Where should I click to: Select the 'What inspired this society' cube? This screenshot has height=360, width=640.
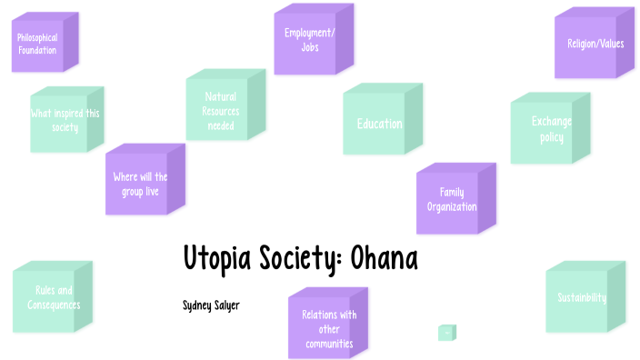65,120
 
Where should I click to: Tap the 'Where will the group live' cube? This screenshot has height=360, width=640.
139,184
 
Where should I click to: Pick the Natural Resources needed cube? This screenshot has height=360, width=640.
221,110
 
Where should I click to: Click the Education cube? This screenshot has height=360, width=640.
379,124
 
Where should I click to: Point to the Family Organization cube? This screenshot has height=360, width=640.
452,199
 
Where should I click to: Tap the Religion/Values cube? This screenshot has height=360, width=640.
588,44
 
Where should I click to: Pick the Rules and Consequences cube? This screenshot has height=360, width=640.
50,298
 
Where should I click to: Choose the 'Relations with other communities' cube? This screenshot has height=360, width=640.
324,326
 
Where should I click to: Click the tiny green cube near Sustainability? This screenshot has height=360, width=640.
446,333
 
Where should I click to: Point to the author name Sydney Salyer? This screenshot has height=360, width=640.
211,305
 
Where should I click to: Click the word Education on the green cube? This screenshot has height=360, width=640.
379,124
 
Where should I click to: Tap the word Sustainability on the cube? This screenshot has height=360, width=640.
581,298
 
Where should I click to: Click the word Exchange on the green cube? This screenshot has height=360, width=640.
552,121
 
